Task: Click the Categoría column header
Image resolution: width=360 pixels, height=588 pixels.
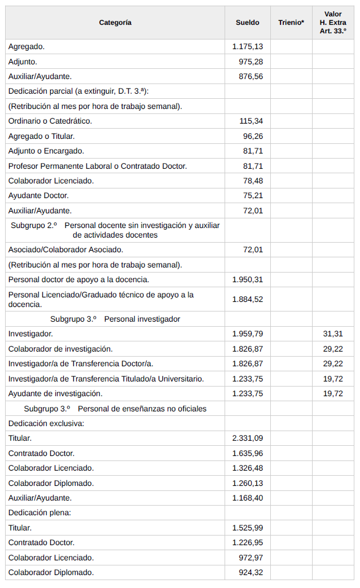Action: pyautogui.click(x=115, y=23)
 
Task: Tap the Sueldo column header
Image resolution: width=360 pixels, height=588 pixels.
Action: pyautogui.click(x=247, y=23)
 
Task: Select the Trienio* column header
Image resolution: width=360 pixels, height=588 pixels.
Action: pyautogui.click(x=291, y=23)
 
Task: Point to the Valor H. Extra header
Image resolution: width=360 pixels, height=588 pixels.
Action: pyautogui.click(x=333, y=23)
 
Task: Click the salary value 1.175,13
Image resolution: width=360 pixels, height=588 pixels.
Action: pyautogui.click(x=248, y=46)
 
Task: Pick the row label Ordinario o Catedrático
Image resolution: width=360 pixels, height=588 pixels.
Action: pyautogui.click(x=50, y=121)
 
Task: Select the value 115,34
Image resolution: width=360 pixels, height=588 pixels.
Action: pyautogui.click(x=251, y=121)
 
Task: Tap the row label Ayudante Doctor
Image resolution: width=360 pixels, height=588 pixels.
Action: pyautogui.click(x=38, y=195)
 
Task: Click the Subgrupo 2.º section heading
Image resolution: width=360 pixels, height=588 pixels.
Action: pyautogui.click(x=115, y=230)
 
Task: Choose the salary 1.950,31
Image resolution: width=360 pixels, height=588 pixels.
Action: pyautogui.click(x=248, y=279)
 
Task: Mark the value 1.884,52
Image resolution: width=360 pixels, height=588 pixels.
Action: pyautogui.click(x=248, y=299)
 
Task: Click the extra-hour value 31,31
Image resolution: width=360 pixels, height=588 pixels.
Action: pyautogui.click(x=333, y=334)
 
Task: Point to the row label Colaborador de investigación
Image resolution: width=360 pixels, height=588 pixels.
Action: pyautogui.click(x=60, y=349)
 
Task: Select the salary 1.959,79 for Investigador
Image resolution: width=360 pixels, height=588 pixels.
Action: pyautogui.click(x=248, y=334)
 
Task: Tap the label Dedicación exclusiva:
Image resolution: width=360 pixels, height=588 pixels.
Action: pyautogui.click(x=46, y=423)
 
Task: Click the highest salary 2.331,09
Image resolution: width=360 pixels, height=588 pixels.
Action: pyautogui.click(x=248, y=438)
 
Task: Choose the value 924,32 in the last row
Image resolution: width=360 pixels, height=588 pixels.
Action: pyautogui.click(x=251, y=572)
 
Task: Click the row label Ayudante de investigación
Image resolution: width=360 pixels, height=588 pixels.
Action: pyautogui.click(x=55, y=393)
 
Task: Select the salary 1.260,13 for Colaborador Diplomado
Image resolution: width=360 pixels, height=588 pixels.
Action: pyautogui.click(x=248, y=483)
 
